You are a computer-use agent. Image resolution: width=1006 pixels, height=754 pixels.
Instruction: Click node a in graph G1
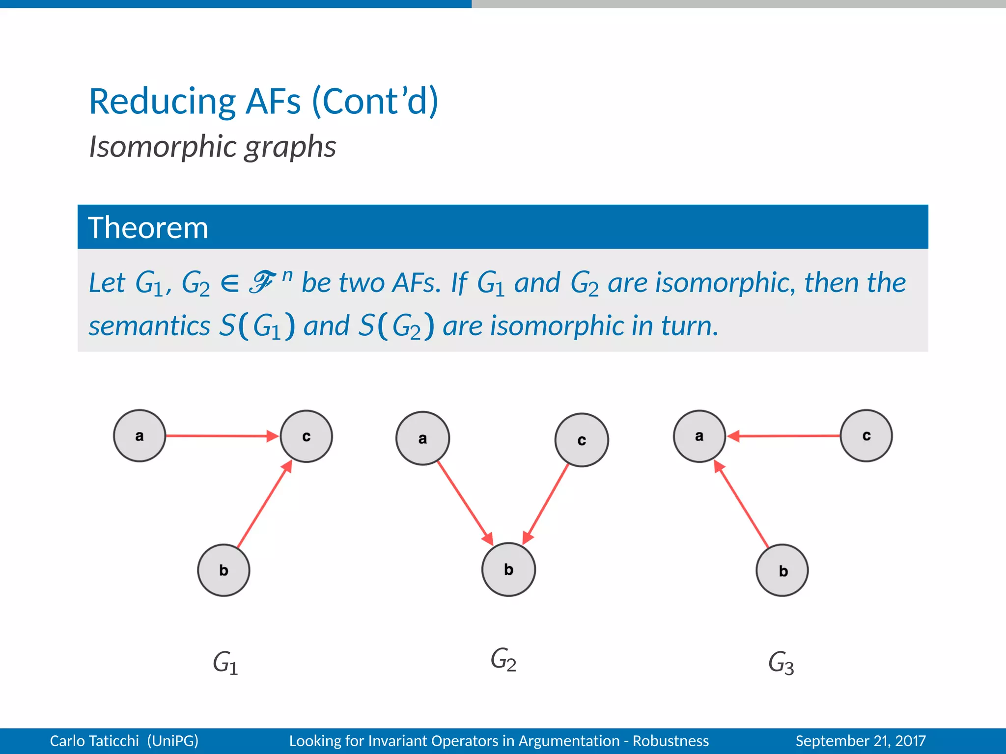coord(140,436)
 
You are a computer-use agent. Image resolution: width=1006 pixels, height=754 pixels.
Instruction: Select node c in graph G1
coord(306,436)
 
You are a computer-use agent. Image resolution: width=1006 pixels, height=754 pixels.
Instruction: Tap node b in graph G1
coord(224,570)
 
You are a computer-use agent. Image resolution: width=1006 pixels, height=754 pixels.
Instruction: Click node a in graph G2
coord(422,438)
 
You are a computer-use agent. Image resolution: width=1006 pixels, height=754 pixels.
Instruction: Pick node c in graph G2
coord(582,440)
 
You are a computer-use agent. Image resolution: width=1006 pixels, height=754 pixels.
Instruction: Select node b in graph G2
coord(508,569)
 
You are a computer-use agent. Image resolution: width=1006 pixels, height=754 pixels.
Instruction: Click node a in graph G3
coord(699,436)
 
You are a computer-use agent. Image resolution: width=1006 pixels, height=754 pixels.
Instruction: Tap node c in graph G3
coord(866,436)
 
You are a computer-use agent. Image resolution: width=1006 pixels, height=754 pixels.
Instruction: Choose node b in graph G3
coord(782,570)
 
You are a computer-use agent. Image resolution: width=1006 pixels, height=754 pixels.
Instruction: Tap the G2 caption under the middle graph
coord(503,660)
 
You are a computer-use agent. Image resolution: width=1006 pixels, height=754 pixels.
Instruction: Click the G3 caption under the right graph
coord(781,663)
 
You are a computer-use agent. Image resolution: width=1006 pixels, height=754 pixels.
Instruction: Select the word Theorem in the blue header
coord(148,228)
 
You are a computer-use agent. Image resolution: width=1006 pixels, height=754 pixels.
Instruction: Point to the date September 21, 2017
coord(860,741)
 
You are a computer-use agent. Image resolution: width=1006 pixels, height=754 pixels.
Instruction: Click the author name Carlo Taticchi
coord(94,741)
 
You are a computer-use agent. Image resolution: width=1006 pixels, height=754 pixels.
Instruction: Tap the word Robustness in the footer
coord(671,741)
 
